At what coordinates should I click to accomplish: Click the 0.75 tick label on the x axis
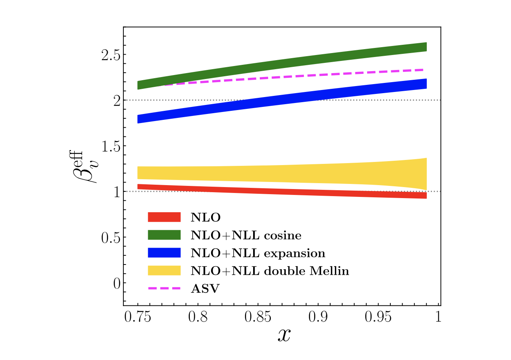pos(138,317)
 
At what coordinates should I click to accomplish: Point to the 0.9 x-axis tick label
pos(318,317)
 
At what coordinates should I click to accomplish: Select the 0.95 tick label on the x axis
pos(378,317)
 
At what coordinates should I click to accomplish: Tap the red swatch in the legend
pos(164,217)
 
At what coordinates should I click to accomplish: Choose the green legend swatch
pos(164,235)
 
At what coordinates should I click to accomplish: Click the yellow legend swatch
pos(164,271)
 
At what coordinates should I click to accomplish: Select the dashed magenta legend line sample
pos(164,288)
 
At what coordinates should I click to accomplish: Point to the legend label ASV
pos(205,289)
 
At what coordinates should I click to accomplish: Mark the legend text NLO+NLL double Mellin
pos(270,271)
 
